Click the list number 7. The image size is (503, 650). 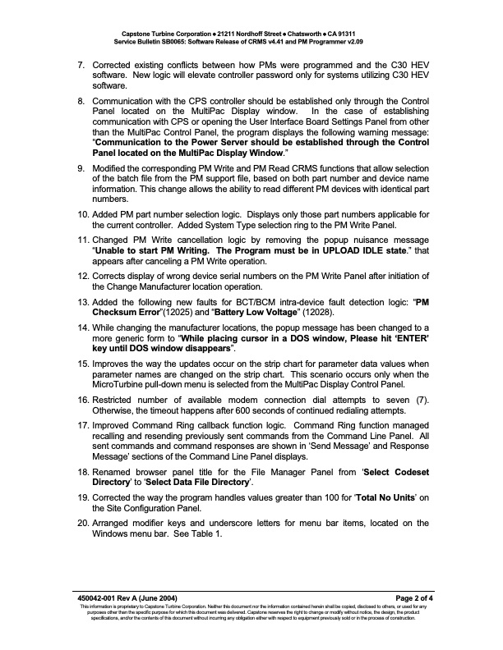tap(81, 64)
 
